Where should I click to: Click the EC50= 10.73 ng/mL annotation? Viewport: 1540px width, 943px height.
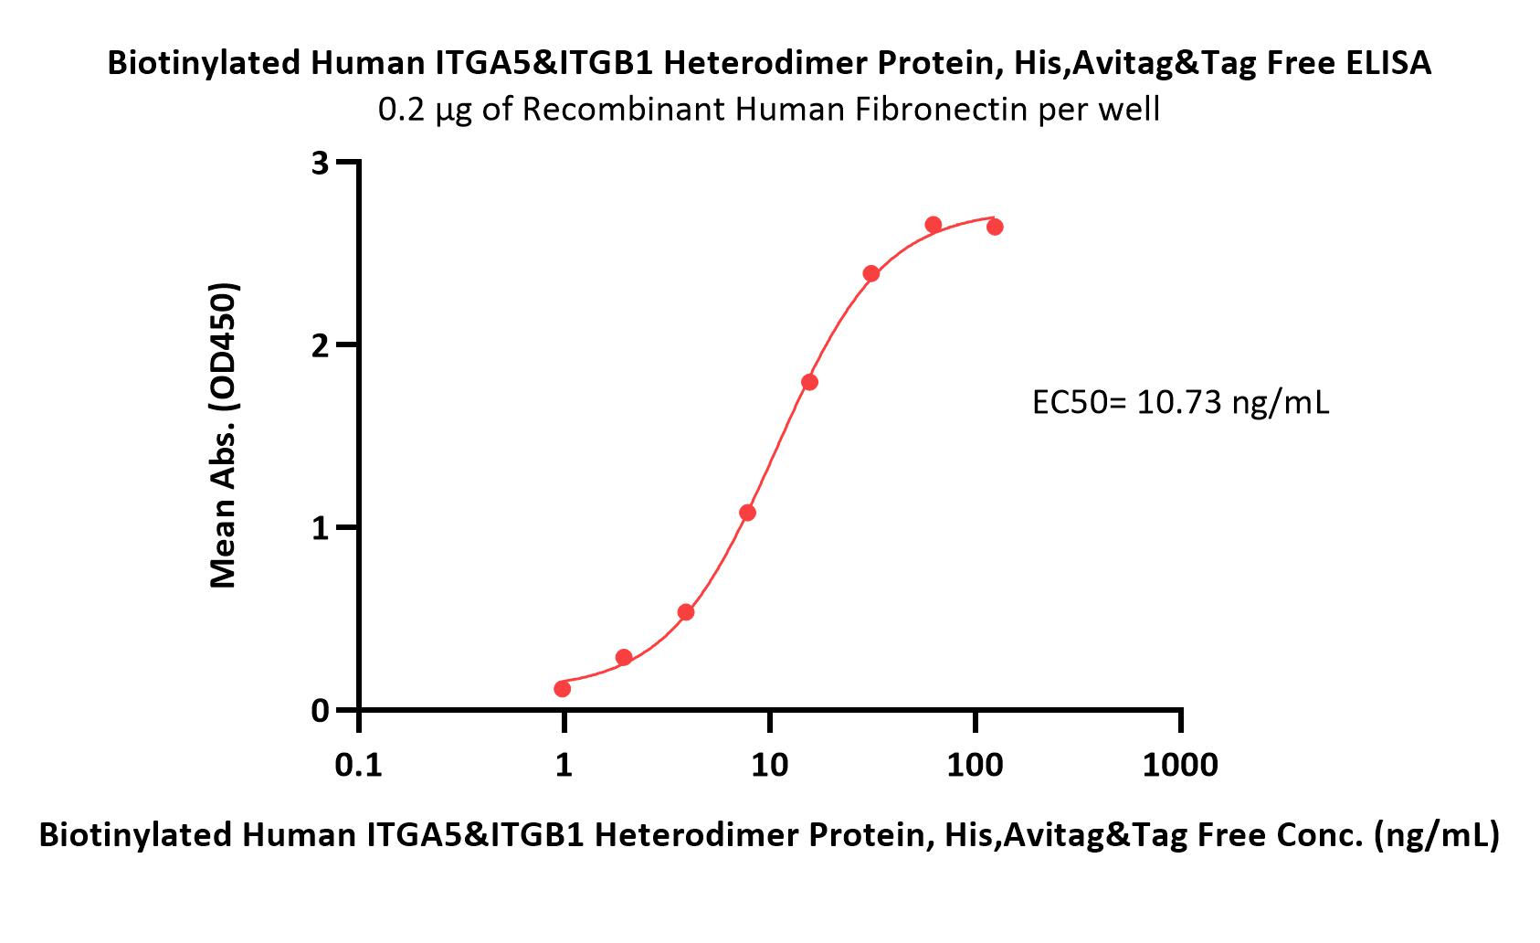point(1180,402)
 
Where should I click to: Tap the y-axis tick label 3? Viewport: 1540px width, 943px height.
point(321,164)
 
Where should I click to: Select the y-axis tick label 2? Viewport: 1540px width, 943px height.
point(321,346)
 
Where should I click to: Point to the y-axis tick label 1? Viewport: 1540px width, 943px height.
point(321,528)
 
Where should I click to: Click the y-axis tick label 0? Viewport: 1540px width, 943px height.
point(321,711)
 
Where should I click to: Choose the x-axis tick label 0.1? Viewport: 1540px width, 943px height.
point(358,765)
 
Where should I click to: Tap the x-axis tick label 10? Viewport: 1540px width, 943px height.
point(769,765)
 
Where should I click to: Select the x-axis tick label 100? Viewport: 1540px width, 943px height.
point(975,765)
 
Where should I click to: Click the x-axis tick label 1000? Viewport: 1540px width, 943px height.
point(1180,765)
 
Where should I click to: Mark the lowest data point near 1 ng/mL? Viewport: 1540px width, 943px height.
point(563,688)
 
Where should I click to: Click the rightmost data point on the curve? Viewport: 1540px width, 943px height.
point(995,227)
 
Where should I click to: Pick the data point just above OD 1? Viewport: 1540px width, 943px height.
point(748,513)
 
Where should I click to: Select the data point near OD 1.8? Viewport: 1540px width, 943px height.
point(810,383)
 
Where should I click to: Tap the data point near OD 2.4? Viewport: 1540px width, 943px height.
point(871,274)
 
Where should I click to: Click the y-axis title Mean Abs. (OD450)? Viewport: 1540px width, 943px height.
point(223,435)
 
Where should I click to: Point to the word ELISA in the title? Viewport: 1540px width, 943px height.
point(1385,63)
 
